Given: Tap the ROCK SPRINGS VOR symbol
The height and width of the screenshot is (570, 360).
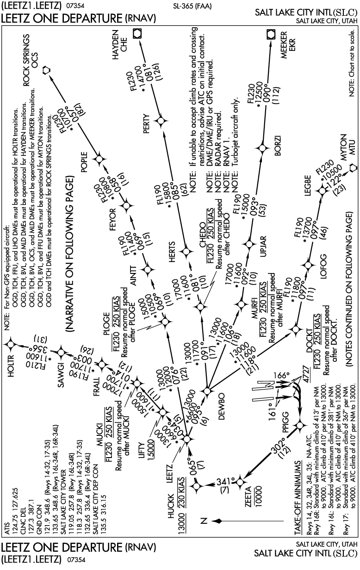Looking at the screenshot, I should coord(46,70).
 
